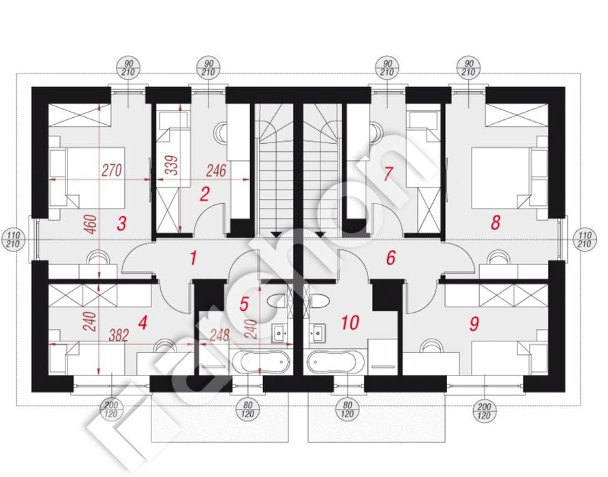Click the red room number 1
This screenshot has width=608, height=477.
(193, 258)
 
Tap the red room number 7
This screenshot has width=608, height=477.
(387, 174)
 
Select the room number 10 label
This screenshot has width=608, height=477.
(350, 322)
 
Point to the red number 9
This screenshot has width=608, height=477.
(474, 324)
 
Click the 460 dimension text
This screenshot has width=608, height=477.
(92, 224)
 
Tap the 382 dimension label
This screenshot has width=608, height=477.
(118, 335)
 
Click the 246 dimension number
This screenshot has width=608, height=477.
(215, 170)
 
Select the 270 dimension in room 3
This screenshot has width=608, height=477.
(112, 170)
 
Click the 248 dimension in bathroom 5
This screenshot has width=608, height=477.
(220, 335)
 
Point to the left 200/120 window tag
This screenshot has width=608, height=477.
(112, 410)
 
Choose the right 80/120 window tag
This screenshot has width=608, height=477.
(347, 410)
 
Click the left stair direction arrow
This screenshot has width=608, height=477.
(277, 234)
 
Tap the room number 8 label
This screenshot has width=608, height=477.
(496, 223)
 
